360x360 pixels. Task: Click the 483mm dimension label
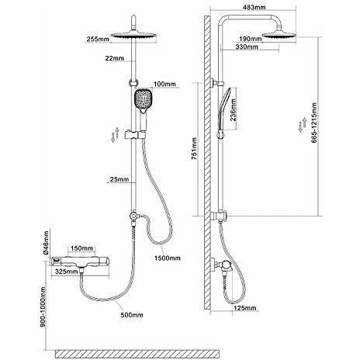click(254, 7)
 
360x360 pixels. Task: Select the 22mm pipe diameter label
click(115, 58)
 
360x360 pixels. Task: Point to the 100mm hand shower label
click(164, 84)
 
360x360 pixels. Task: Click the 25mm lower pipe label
click(119, 179)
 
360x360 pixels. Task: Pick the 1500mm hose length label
click(168, 258)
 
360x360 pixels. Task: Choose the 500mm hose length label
click(132, 315)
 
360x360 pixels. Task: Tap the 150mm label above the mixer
click(81, 248)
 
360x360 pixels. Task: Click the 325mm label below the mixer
click(67, 272)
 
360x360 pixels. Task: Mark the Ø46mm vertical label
click(46, 243)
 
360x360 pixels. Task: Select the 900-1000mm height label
click(43, 306)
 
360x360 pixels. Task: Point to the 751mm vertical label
click(194, 149)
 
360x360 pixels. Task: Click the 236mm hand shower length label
click(234, 109)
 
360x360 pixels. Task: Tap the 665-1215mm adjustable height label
click(314, 123)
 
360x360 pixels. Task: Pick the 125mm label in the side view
click(244, 308)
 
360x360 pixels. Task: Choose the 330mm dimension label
click(247, 47)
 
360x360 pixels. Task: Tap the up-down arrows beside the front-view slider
click(115, 135)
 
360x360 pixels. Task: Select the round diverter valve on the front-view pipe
click(133, 216)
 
